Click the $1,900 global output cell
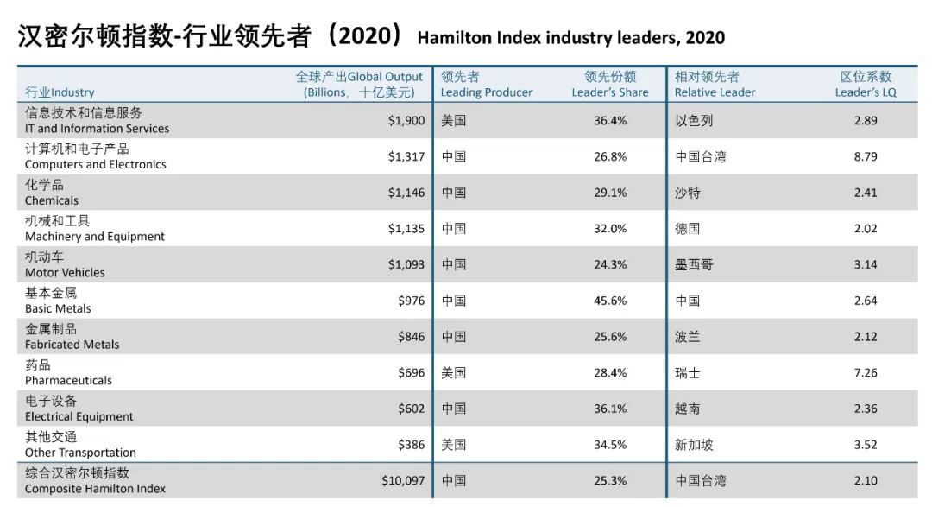(x=406, y=121)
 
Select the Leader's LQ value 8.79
(x=866, y=156)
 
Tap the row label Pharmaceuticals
(x=68, y=380)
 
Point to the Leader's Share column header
(x=610, y=85)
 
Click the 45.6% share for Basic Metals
(x=610, y=301)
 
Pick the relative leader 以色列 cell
(x=694, y=121)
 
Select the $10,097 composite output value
(x=403, y=481)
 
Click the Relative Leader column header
(x=715, y=85)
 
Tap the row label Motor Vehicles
(x=65, y=273)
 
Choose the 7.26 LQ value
(x=866, y=372)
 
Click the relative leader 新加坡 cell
(x=694, y=445)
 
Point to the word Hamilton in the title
(x=455, y=37)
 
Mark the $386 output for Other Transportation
(x=412, y=445)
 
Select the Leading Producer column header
(x=486, y=85)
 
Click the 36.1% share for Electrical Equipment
(x=610, y=409)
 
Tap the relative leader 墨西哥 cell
(x=694, y=265)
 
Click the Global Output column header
(x=359, y=85)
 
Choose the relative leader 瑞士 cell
(x=687, y=372)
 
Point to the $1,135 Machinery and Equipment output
(x=406, y=229)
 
